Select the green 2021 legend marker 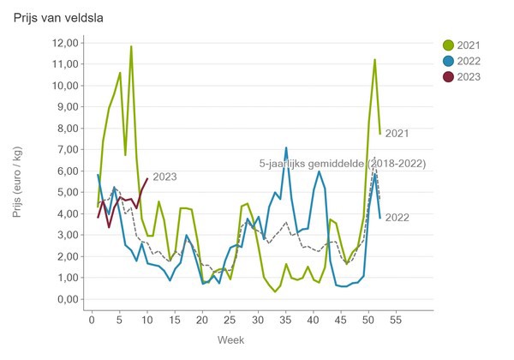[x=448, y=45]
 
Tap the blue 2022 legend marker [x=448, y=61]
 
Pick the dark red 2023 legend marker [x=448, y=77]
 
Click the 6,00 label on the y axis [x=67, y=171]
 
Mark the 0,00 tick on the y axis [x=67, y=299]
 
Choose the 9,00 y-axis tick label [x=67, y=107]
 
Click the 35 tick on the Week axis [x=286, y=321]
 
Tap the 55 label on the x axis [x=396, y=321]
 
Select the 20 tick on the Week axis [x=202, y=321]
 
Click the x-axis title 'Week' [x=230, y=340]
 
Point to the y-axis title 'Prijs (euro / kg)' [x=18, y=171]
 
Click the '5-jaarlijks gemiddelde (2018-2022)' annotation [x=342, y=163]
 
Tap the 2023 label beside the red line [x=164, y=177]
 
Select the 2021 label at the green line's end [x=397, y=134]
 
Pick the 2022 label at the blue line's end [x=397, y=218]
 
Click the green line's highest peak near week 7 [x=131, y=46]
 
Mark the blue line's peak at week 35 [x=286, y=147]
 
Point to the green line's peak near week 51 [x=374, y=60]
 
